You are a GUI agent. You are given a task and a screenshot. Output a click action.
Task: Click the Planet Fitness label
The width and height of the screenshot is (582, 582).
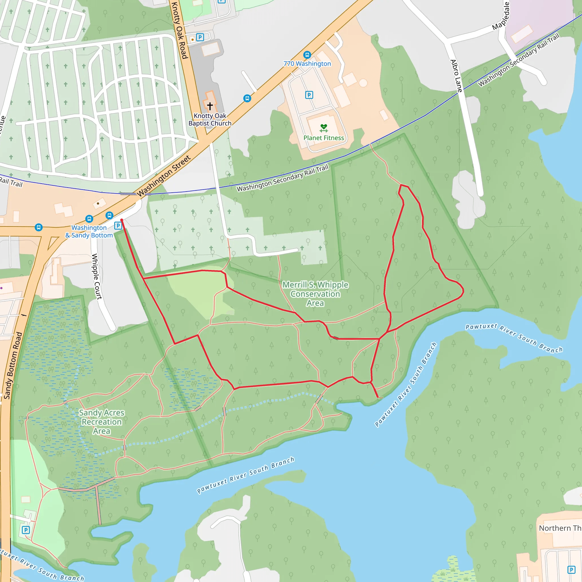pos(323,138)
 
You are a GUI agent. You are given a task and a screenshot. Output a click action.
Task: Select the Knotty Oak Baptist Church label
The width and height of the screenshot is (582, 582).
pos(210,120)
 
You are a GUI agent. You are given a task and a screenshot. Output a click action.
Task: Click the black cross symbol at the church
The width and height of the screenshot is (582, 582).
pos(210,106)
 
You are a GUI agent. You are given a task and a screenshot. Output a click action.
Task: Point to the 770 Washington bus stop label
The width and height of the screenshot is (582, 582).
pos(307,64)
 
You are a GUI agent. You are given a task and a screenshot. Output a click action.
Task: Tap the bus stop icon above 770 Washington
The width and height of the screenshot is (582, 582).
pos(307,55)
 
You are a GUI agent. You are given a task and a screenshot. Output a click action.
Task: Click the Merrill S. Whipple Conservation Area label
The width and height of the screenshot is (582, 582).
pos(315,294)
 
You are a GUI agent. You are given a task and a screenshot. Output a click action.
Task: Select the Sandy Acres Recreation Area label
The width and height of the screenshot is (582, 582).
pos(101,422)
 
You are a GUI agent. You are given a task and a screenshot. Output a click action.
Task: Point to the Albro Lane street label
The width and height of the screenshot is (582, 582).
pos(456,76)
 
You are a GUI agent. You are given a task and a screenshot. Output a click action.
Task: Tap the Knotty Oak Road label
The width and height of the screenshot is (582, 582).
pos(180,30)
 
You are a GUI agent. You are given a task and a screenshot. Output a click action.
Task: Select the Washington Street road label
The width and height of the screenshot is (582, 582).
pos(164,176)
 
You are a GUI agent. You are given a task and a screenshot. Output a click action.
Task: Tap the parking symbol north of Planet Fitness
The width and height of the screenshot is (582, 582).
pos(309,95)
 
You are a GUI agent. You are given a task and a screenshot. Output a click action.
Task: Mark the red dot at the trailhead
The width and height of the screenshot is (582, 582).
pos(122,220)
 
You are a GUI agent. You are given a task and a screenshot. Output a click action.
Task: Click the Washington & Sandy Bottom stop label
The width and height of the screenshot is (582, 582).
pos(89,232)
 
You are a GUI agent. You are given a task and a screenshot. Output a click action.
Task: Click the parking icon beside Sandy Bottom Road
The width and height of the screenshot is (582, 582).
pos(26,530)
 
